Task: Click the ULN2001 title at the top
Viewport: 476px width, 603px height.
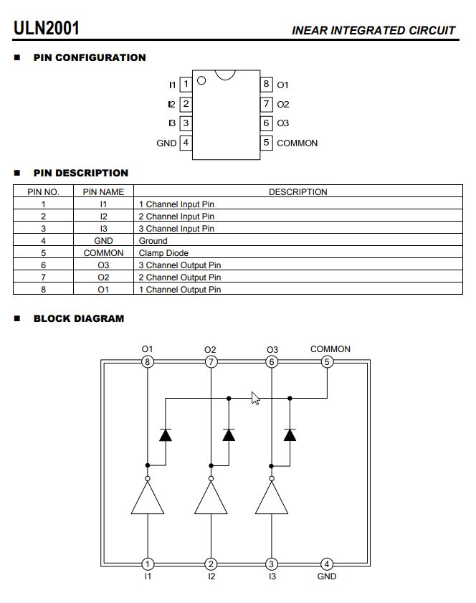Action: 47,28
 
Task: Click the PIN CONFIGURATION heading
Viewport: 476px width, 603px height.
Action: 90,57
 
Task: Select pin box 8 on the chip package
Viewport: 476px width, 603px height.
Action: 266,85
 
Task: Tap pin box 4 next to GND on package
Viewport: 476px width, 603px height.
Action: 186,143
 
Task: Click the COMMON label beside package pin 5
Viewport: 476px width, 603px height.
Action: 297,143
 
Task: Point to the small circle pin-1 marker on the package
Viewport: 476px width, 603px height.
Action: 201,80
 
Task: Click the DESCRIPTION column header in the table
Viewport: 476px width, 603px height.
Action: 297,192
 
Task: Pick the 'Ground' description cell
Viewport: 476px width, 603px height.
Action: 153,241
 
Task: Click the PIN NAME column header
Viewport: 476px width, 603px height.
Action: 103,192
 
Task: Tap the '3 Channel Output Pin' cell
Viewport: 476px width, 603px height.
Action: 180,265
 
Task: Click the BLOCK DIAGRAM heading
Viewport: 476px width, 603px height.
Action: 79,318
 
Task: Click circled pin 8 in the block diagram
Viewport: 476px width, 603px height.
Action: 147,362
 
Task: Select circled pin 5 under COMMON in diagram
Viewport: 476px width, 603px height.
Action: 327,362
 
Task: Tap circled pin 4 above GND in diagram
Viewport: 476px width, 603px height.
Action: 327,564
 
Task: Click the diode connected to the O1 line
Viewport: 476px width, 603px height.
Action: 165,435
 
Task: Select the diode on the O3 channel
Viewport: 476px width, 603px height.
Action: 290,435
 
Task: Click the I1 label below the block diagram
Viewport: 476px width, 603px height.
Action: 147,576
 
